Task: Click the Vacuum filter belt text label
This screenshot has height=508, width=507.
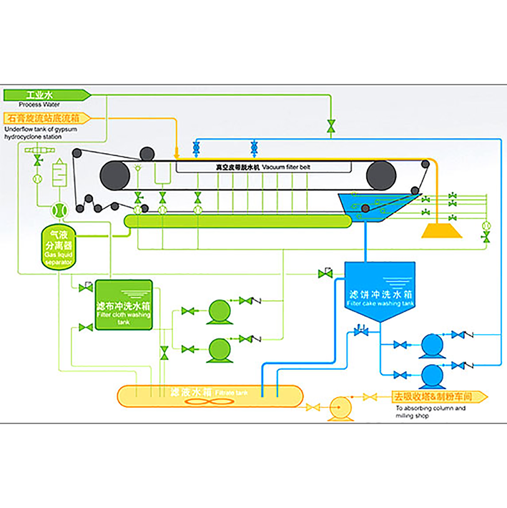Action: point(264,166)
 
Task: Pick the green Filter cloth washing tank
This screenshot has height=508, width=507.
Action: point(124,304)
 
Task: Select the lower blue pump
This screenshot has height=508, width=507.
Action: point(431,374)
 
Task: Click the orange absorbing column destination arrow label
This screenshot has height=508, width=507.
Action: point(438,396)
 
